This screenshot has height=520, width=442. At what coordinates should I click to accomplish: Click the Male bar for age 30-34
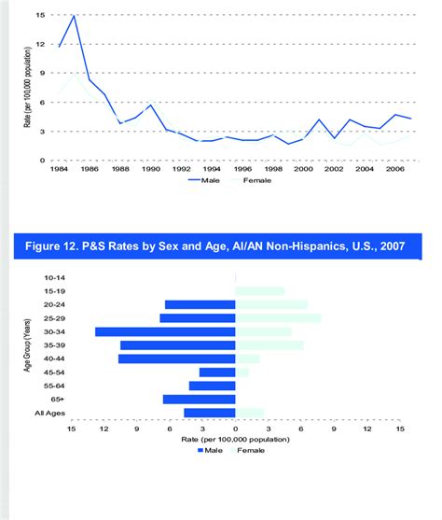pos(165,331)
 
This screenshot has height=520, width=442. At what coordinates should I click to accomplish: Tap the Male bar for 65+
pos(199,400)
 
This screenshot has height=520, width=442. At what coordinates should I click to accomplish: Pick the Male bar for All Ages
pos(210,413)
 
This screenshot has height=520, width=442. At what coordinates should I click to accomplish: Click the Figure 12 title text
pos(223,246)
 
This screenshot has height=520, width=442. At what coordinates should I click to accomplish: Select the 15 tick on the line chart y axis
pos(40,16)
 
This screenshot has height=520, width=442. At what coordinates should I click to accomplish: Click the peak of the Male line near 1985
pos(74,16)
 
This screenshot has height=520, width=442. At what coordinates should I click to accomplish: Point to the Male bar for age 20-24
pos(200,304)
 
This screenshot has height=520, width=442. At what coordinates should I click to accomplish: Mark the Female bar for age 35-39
pos(269,345)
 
